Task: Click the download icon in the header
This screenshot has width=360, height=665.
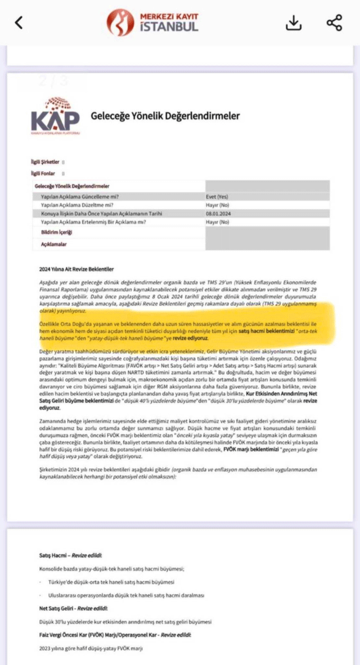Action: point(294,22)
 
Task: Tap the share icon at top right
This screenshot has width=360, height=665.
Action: point(334,22)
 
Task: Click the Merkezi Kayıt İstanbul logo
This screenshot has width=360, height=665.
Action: point(152,22)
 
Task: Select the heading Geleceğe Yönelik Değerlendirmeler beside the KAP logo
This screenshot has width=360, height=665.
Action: point(165,116)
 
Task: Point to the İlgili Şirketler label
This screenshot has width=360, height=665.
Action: point(46,161)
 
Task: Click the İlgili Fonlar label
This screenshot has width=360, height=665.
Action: point(43,174)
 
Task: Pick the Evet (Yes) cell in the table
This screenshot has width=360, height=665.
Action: point(218,197)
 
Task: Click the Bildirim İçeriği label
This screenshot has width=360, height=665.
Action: point(56,232)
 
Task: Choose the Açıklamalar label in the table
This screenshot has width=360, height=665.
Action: point(54,245)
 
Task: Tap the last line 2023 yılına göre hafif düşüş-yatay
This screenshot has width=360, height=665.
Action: point(91,649)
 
